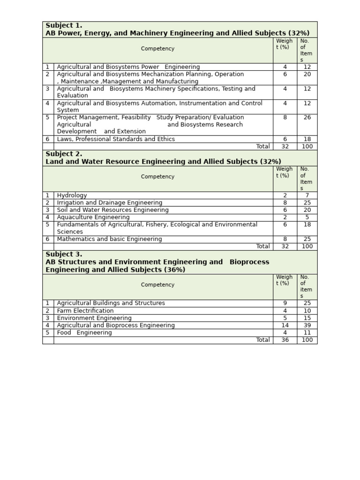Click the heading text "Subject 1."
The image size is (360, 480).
tap(64, 25)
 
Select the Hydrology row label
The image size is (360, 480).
tap(72, 195)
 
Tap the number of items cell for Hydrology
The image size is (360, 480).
tap(307, 195)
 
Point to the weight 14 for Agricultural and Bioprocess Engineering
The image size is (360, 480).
tap(285, 325)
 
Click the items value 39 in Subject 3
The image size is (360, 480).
tap(307, 325)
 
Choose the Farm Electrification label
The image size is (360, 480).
tap(85, 311)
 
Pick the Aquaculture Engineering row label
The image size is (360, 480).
tap(93, 217)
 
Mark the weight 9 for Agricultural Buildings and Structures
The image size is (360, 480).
tap(285, 303)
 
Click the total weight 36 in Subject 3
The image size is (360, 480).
tap(285, 340)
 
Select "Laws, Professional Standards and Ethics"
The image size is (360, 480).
tap(116, 139)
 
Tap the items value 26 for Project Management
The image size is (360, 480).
tap(307, 118)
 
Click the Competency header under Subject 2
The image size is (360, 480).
tap(157, 177)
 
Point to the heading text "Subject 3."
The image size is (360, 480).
tap(64, 255)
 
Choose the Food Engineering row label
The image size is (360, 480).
tap(84, 333)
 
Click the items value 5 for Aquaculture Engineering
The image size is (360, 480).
tap(307, 217)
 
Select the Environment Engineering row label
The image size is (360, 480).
tap(94, 318)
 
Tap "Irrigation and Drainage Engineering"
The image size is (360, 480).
tap(110, 203)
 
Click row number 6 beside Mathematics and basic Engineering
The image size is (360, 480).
tap(47, 239)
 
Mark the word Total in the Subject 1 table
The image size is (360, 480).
tap(262, 146)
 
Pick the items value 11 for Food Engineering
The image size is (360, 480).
tap(307, 333)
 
